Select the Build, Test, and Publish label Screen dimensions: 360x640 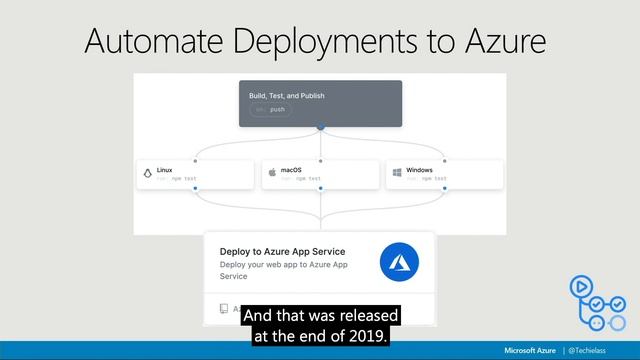[x=287, y=96]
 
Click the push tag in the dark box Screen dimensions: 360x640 [x=277, y=109]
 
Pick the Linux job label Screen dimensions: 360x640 [x=165, y=170]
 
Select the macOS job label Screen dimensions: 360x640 [x=291, y=170]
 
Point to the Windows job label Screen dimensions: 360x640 [x=419, y=170]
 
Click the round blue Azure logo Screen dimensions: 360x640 [x=399, y=263]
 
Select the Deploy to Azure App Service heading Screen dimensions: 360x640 [x=283, y=252]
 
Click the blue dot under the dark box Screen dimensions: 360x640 [x=320, y=128]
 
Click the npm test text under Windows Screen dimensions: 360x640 [x=434, y=179]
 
